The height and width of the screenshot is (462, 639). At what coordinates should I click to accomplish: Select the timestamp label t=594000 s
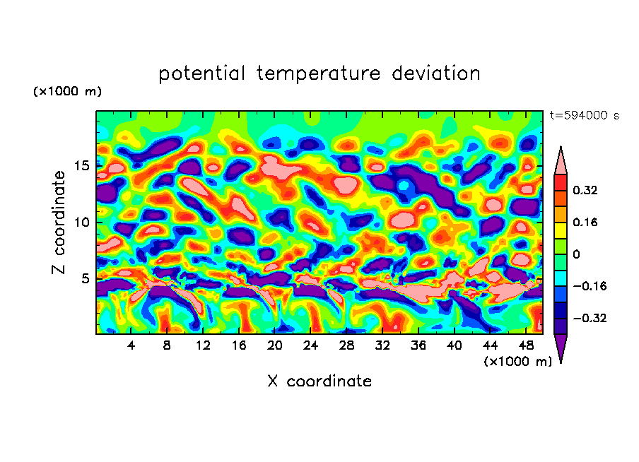584,116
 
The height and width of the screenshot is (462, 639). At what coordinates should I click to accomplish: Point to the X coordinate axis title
319,381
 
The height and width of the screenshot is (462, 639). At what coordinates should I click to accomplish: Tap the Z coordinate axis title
59,223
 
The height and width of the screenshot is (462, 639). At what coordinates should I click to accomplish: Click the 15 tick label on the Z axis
82,166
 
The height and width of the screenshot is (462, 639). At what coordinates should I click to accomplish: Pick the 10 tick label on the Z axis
82,223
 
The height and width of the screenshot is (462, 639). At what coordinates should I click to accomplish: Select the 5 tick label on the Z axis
86,279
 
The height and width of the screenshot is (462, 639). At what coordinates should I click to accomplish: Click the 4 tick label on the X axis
131,345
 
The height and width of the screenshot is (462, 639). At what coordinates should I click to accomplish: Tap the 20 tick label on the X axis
275,345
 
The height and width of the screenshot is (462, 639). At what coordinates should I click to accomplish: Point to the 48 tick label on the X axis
526,345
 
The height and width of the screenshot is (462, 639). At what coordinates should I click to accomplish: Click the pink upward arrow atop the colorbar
561,160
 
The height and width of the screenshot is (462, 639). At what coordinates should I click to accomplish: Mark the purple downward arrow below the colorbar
561,348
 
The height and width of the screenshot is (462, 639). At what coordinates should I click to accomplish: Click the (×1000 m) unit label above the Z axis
67,92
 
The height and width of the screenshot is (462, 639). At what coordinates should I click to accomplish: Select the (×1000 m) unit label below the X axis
518,361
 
